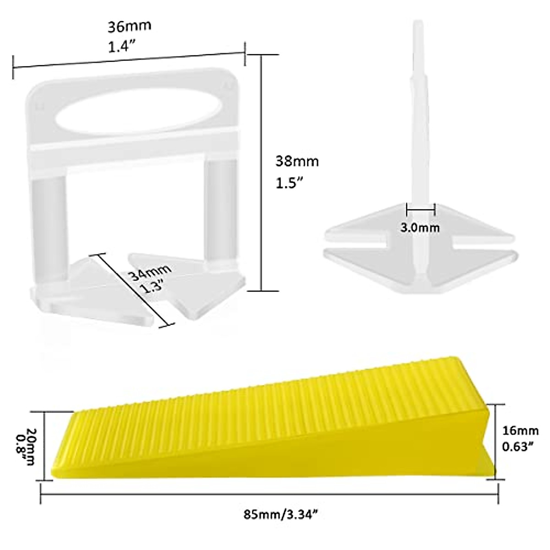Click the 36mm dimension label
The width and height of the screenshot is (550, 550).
tap(129, 26)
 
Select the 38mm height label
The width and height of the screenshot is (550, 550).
tap(297, 161)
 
